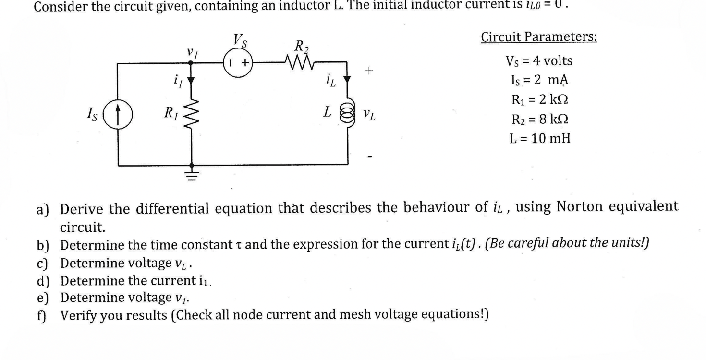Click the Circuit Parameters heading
(x=539, y=37)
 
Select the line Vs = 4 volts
(x=539, y=61)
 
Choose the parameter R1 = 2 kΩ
(x=539, y=99)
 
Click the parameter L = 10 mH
(x=539, y=139)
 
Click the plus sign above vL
(x=369, y=71)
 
